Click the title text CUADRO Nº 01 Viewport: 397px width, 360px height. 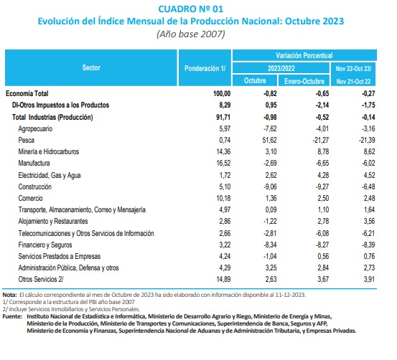191,9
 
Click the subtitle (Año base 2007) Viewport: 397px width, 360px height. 191,34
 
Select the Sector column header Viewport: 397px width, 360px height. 91,67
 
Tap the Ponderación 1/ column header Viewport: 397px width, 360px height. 205,68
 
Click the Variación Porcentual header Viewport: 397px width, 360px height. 304,55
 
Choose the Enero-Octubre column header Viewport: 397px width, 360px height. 304,81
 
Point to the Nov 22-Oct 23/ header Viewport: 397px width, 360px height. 353,69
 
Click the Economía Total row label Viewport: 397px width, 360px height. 27,93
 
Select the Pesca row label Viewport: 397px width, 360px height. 26,140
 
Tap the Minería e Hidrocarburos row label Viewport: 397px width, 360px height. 49,151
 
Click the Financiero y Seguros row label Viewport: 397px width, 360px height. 45,245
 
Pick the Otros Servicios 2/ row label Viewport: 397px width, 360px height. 41,279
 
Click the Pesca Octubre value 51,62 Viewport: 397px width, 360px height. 269,140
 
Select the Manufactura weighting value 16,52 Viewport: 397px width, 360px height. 223,163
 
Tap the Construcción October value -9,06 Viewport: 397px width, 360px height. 270,186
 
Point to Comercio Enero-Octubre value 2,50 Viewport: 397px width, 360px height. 323,198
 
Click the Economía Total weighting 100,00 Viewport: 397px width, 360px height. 222,93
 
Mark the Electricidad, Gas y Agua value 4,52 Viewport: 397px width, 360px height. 369,175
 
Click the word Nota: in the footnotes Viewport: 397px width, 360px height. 9,295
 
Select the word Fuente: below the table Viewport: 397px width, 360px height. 12,316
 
